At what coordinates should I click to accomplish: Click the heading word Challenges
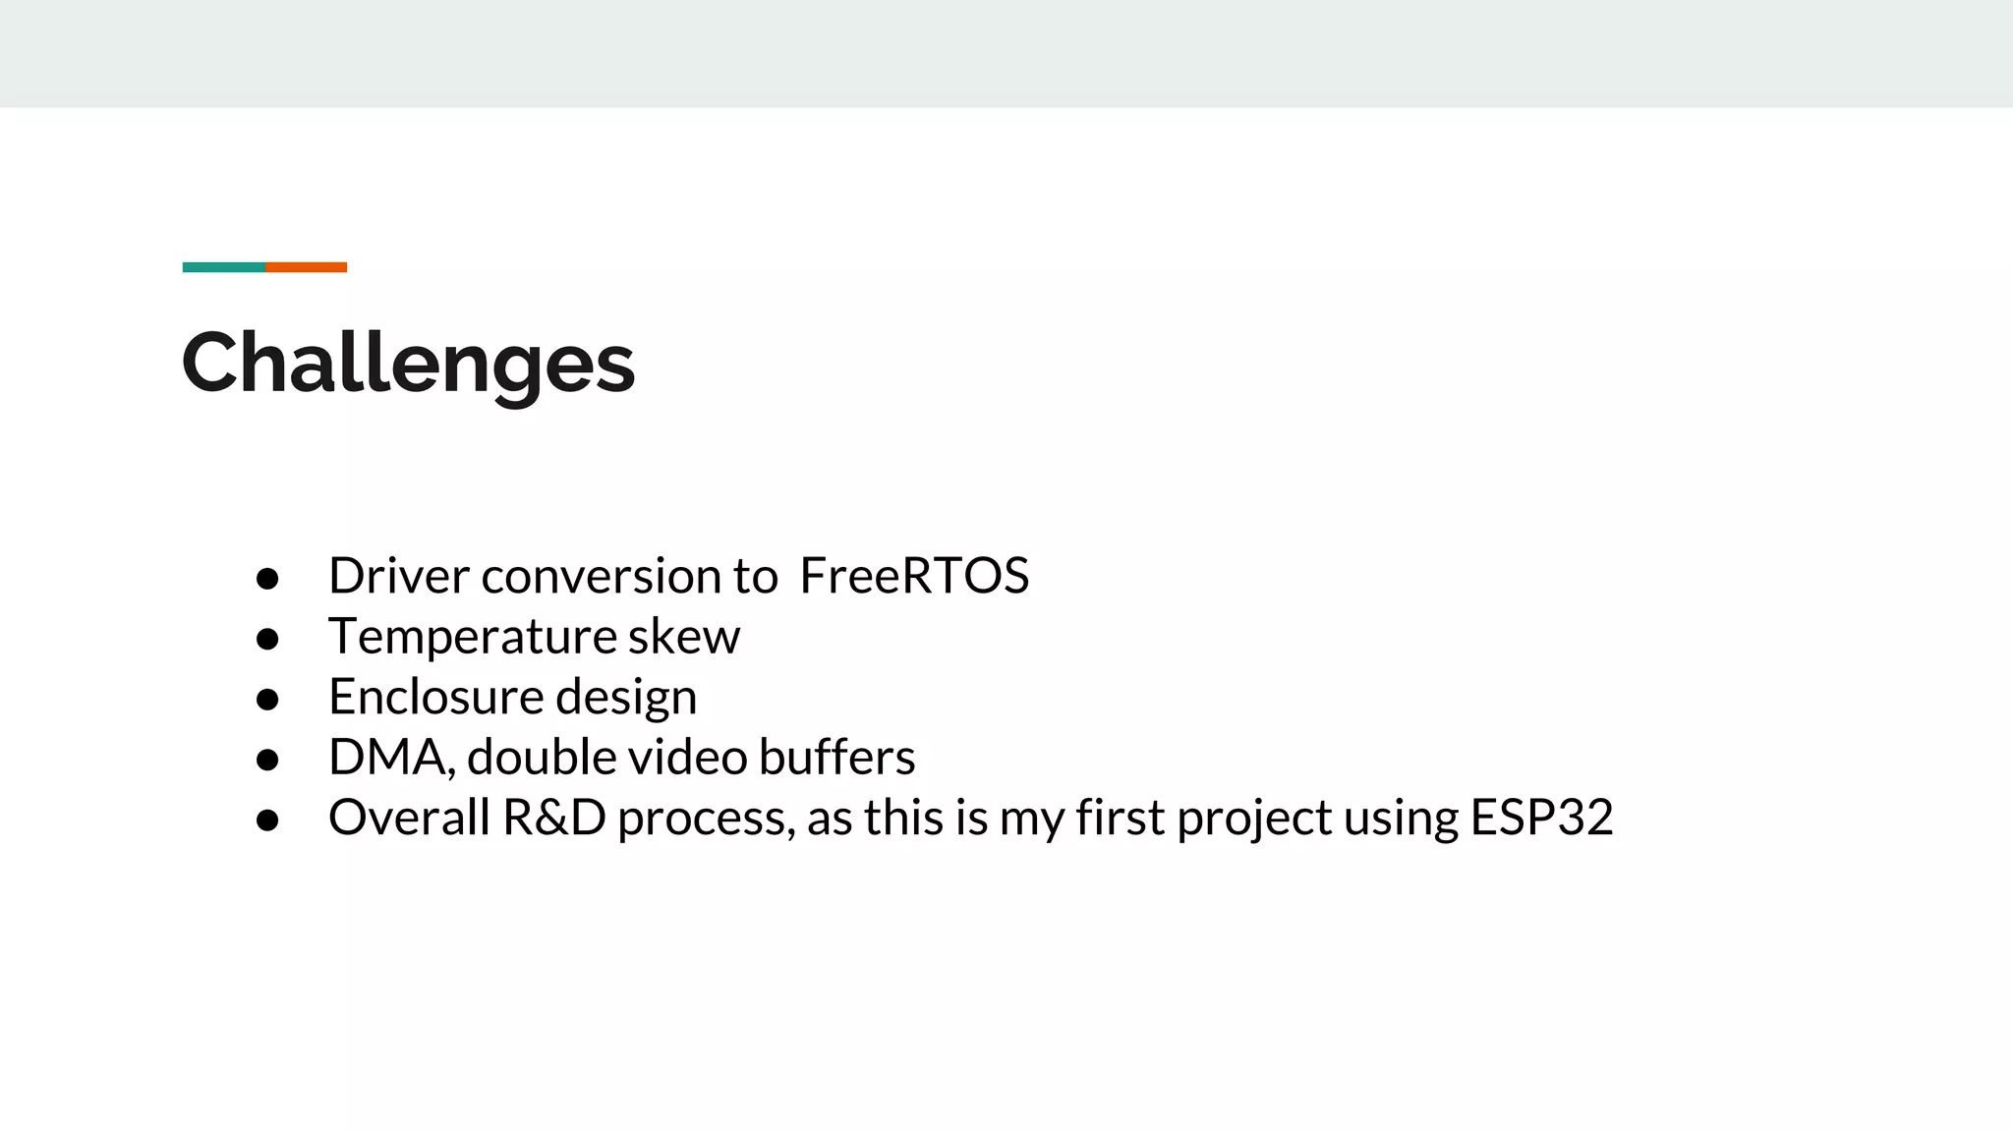408,364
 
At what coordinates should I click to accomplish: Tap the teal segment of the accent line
223,267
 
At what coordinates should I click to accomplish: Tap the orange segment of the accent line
306,267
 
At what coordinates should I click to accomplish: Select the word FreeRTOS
914,576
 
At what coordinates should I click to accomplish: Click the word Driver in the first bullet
398,576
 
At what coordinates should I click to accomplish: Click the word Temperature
471,637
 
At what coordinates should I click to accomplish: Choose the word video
687,758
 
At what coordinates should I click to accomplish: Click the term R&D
553,819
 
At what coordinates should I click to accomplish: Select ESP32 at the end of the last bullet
1541,819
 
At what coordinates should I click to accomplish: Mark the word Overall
409,819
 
